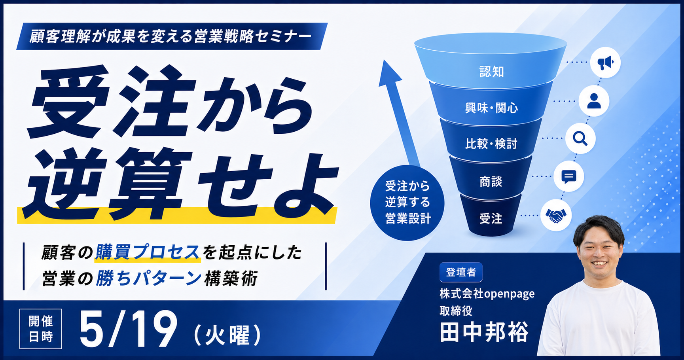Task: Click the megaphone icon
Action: [605, 63]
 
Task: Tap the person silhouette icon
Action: [594, 101]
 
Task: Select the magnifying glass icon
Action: [580, 138]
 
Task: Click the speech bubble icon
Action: [569, 176]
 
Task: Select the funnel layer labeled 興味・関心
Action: [491, 104]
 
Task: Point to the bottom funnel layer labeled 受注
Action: [491, 216]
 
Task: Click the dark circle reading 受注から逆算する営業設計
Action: [407, 203]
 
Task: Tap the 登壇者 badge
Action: [461, 272]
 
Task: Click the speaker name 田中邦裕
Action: [484, 332]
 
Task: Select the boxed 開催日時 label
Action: [41, 329]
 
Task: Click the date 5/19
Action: [128, 329]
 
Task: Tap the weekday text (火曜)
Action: [227, 335]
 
